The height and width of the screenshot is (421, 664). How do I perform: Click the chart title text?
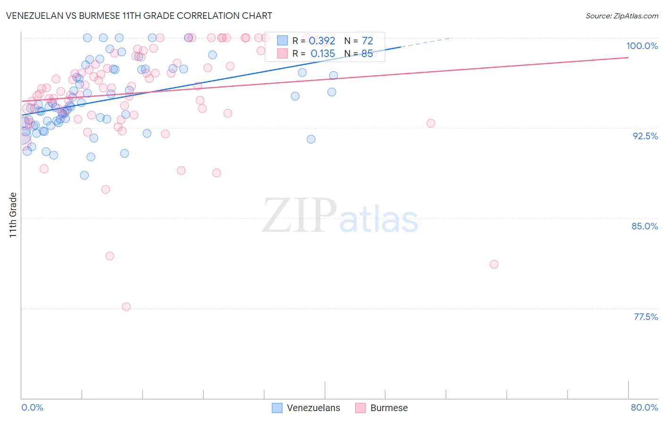(x=139, y=16)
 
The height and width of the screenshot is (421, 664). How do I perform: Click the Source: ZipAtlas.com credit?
(x=621, y=16)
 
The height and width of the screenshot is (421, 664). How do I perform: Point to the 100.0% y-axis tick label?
(x=642, y=46)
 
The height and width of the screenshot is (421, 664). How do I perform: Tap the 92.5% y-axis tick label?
(x=645, y=136)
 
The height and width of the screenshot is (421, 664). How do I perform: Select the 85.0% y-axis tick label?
(x=645, y=226)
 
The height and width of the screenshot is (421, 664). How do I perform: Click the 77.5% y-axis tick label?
(x=646, y=317)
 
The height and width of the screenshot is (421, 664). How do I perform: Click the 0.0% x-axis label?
(x=32, y=407)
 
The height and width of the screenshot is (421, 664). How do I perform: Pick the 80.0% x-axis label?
(x=644, y=407)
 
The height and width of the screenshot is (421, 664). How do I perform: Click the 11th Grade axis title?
(x=13, y=215)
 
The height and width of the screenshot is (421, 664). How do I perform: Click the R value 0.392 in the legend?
(x=322, y=41)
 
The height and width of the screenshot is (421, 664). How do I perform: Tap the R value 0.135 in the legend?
(x=323, y=54)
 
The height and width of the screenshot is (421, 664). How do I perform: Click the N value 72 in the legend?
(x=367, y=41)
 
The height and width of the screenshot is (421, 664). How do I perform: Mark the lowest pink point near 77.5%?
(x=126, y=307)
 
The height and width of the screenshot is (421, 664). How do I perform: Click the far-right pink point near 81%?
(x=494, y=264)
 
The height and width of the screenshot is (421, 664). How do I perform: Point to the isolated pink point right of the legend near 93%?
(x=431, y=123)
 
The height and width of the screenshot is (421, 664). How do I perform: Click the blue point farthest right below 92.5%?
(x=311, y=139)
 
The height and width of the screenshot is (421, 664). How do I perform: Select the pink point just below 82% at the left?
(x=110, y=256)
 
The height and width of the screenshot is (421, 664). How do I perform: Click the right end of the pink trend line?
(x=628, y=57)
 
